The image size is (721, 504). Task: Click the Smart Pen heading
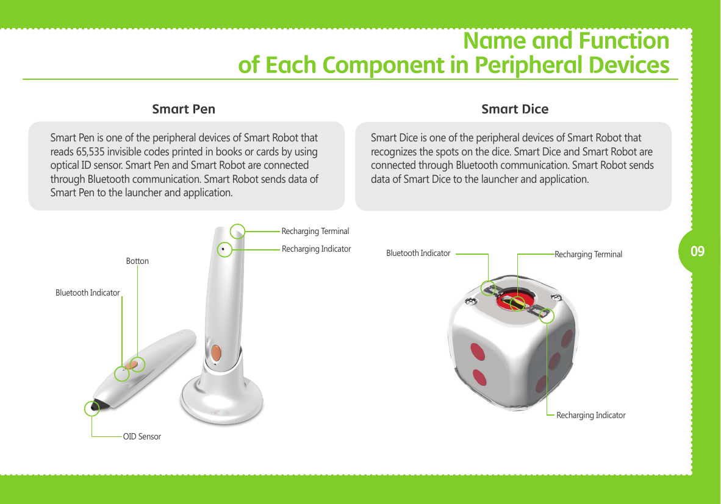(183, 109)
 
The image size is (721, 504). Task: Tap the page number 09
(698, 251)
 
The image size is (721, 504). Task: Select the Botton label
(137, 261)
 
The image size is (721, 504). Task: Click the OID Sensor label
(142, 436)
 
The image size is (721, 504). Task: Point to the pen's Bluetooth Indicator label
(87, 293)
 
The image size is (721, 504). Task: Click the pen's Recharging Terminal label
(315, 231)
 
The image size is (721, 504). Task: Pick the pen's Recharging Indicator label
(316, 249)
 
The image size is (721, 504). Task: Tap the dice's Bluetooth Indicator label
(418, 253)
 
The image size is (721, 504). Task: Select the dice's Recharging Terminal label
(588, 254)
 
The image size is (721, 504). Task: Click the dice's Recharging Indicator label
(590, 415)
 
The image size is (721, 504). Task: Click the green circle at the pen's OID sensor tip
(92, 408)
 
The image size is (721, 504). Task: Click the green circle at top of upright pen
(238, 230)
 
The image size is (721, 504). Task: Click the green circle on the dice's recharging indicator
(547, 316)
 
